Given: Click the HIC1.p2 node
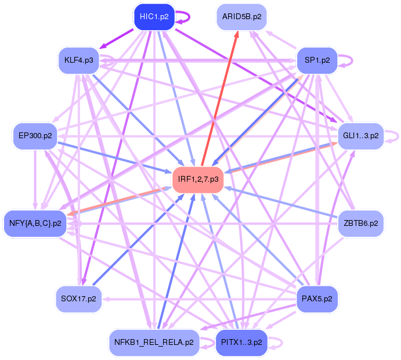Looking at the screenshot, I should pos(154,17).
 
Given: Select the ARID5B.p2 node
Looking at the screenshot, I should pos(243,17).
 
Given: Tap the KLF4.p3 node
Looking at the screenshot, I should pos(80,60).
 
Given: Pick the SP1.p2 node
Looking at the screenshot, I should pos(317,60).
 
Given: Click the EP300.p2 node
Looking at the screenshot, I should pos(35,136).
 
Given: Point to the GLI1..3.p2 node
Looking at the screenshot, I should pos(360,136).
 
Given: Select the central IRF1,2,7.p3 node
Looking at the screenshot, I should pos(198,179).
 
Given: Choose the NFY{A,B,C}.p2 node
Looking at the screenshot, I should pos(35,223).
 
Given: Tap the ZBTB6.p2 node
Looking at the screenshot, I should pos(360,223).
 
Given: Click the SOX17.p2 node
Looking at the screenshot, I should pos(79,299).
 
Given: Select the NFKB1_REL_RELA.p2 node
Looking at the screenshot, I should pos(154,343).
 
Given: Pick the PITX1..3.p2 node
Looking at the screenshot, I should pos(241,343).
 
